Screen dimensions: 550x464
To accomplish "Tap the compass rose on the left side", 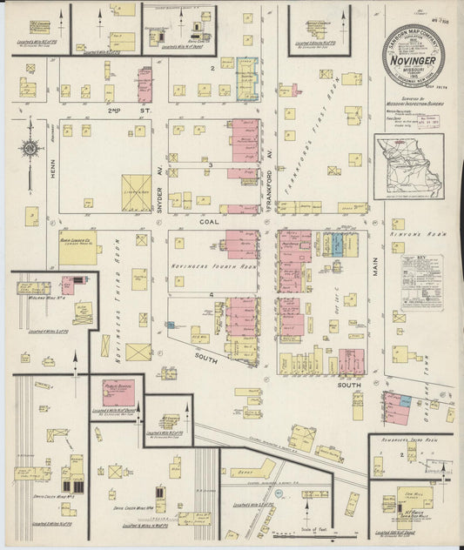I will [30, 149].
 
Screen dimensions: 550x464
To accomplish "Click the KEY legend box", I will [422, 281].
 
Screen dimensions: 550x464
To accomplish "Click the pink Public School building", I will [116, 392].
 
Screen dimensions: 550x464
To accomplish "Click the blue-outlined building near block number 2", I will [247, 80].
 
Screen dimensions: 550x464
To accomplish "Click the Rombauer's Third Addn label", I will [410, 442].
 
